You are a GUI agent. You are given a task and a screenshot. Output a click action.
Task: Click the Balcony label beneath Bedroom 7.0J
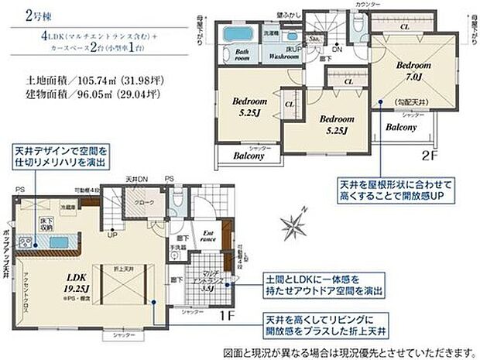tap(402, 126)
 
